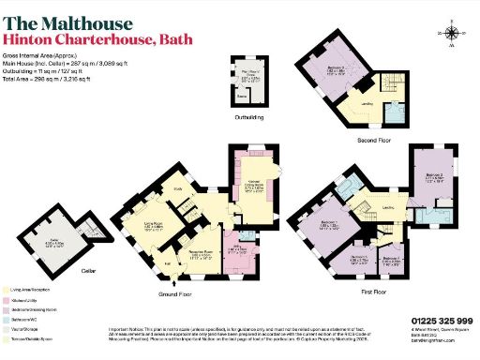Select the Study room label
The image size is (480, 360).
click(176, 187)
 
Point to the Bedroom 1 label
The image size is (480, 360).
click(328, 224)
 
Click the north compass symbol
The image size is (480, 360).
click(451, 34)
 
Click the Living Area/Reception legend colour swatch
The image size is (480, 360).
click(7, 291)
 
